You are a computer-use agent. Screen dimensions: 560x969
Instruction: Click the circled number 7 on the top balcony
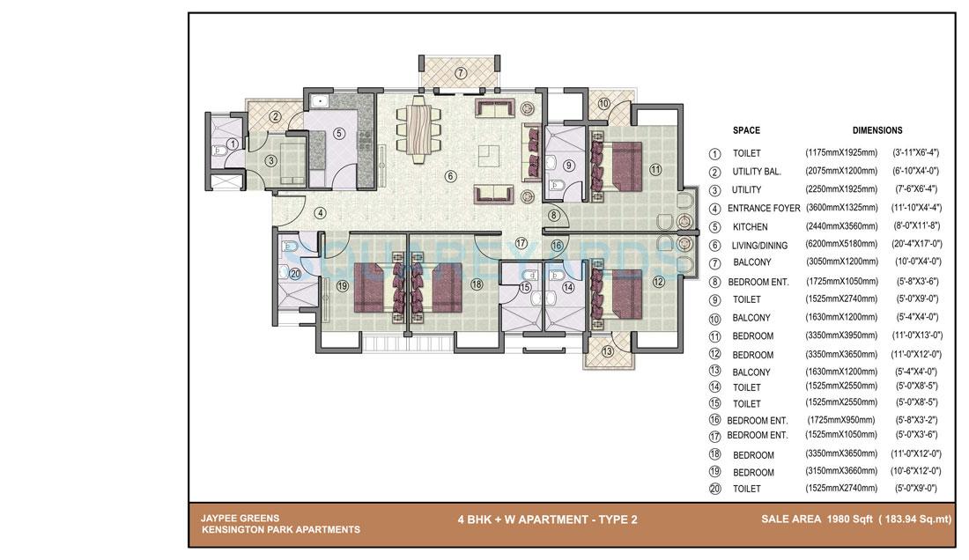461,72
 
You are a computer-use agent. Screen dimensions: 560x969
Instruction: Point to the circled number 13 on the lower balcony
607,351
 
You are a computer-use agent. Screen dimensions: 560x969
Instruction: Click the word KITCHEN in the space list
750,226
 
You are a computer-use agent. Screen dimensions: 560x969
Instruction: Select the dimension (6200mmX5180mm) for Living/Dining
841,245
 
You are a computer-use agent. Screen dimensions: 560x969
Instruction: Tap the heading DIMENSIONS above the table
877,130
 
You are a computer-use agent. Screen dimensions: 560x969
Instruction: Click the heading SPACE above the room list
746,130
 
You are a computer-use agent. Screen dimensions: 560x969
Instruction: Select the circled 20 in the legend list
714,489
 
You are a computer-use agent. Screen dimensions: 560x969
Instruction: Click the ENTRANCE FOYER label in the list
764,209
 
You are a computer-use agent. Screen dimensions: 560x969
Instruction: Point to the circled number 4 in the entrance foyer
321,212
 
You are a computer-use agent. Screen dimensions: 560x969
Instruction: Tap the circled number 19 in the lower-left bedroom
342,285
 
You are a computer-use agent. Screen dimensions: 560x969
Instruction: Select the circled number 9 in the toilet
569,164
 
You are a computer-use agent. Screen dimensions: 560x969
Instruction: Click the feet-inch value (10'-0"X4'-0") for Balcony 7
917,262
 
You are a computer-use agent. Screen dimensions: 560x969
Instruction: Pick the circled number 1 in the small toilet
232,144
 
